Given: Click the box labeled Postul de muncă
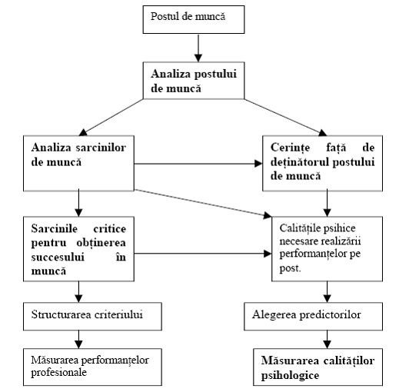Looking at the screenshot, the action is pyautogui.click(x=194, y=19).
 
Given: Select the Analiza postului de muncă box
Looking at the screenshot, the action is pyautogui.click(x=194, y=81).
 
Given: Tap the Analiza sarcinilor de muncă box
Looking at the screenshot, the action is pyautogui.click(x=78, y=163).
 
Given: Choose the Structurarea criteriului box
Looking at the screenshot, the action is pyautogui.click(x=92, y=316).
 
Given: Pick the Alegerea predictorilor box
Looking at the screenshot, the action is pyautogui.click(x=313, y=316).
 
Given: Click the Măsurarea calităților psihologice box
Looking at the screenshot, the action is pyautogui.click(x=318, y=367).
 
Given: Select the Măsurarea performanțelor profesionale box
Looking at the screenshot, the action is pyautogui.click(x=92, y=367).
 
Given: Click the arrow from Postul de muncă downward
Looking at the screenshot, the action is pyautogui.click(x=198, y=48).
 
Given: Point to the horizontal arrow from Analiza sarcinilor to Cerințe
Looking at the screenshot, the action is pyautogui.click(x=198, y=164).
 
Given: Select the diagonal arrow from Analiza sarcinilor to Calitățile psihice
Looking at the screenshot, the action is pyautogui.click(x=203, y=204).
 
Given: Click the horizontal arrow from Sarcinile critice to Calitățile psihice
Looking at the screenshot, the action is pyautogui.click(x=203, y=254).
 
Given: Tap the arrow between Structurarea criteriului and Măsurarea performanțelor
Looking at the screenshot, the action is pyautogui.click(x=78, y=339).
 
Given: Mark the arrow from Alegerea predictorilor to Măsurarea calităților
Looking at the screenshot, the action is pyautogui.click(x=327, y=339).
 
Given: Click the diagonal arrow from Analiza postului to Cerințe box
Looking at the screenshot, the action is pyautogui.click(x=285, y=118).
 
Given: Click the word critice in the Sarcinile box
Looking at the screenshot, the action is pyautogui.click(x=109, y=229).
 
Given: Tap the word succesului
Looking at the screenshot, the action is pyautogui.click(x=58, y=257).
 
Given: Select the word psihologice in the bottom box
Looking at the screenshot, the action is pyautogui.click(x=290, y=376).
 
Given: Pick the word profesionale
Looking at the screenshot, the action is pyautogui.click(x=59, y=373).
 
